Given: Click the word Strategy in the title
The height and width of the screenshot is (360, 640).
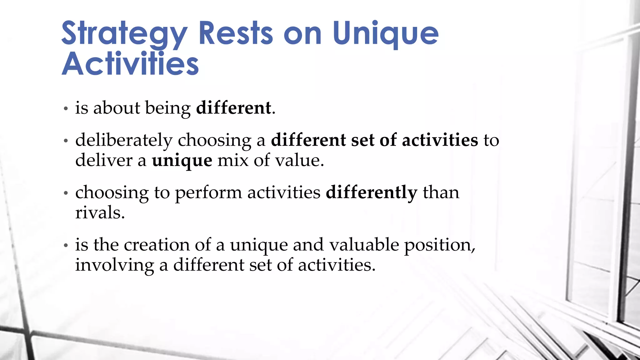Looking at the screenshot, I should [x=124, y=34].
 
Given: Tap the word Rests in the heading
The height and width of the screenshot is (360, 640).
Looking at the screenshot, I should [x=236, y=33].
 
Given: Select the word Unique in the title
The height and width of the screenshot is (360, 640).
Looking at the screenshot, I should [x=385, y=34].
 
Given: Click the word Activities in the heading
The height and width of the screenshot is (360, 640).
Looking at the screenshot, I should [x=130, y=64].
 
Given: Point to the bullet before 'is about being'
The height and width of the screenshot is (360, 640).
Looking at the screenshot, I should [x=66, y=109].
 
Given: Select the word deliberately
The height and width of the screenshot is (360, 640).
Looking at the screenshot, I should [x=124, y=140].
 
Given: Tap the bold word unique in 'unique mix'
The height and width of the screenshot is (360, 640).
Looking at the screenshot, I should [x=182, y=161].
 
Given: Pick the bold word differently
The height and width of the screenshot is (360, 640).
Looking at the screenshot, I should [x=371, y=192].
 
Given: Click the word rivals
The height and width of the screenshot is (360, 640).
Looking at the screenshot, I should [x=100, y=213].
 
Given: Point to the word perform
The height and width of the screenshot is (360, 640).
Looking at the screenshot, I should [x=208, y=193].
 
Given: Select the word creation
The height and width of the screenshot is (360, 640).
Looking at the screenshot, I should [x=157, y=244].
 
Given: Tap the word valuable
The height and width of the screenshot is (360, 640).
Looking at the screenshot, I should [x=364, y=244].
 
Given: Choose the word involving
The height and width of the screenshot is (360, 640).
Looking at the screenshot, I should [x=114, y=265].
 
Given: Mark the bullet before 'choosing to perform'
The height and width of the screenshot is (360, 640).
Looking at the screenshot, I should [x=66, y=193].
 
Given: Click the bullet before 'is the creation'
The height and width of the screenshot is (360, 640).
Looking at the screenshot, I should [x=66, y=245].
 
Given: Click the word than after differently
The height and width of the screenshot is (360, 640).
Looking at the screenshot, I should [x=441, y=192].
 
